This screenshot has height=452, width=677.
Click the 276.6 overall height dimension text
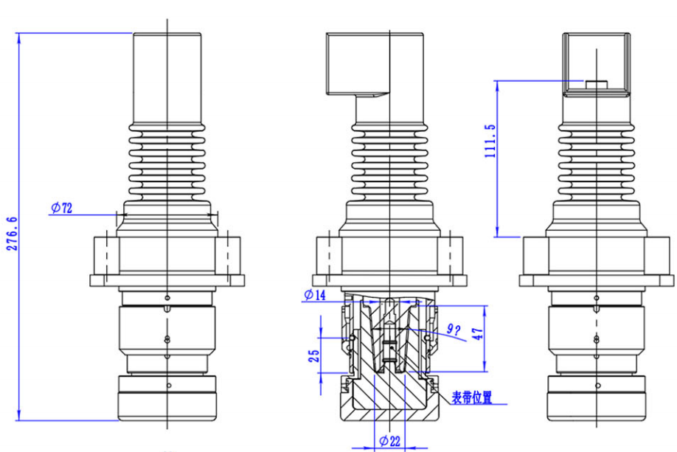pos(11,234)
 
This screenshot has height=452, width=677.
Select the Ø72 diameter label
pos(62,208)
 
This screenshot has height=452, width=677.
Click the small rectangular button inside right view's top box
pos(595,83)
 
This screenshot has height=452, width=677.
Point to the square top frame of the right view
pos(596,65)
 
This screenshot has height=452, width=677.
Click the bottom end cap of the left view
pos(167,398)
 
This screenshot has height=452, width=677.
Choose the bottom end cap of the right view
pos(596,398)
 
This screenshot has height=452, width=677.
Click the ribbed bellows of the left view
pos(167,166)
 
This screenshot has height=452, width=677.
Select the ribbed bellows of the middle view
pos(389,166)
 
